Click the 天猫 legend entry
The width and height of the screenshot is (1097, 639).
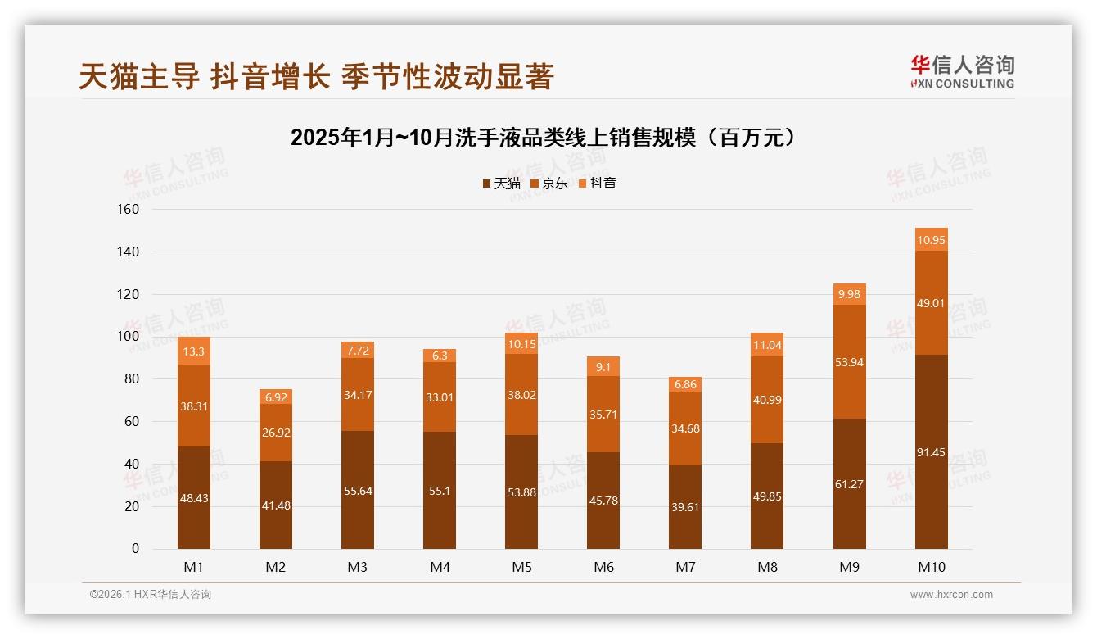click(x=501, y=184)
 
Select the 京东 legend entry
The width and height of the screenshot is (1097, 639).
click(x=549, y=184)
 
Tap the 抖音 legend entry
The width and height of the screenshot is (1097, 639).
click(x=597, y=184)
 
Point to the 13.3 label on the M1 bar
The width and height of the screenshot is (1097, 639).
click(x=194, y=351)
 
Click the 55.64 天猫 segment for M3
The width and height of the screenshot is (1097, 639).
click(x=358, y=491)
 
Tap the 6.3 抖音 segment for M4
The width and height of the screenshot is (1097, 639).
click(x=440, y=356)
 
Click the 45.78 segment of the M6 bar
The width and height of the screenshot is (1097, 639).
click(x=603, y=501)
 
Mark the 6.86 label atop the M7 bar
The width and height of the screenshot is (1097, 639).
click(x=685, y=384)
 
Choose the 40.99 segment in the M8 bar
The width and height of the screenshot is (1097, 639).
click(x=767, y=399)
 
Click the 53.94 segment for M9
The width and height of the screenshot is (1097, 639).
click(x=849, y=362)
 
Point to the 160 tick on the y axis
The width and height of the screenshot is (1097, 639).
click(x=129, y=210)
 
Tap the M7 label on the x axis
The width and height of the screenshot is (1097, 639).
click(x=685, y=567)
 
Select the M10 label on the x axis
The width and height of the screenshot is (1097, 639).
click(x=931, y=567)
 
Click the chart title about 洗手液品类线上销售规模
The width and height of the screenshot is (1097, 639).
click(x=543, y=138)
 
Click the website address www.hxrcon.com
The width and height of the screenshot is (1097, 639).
click(x=951, y=595)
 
